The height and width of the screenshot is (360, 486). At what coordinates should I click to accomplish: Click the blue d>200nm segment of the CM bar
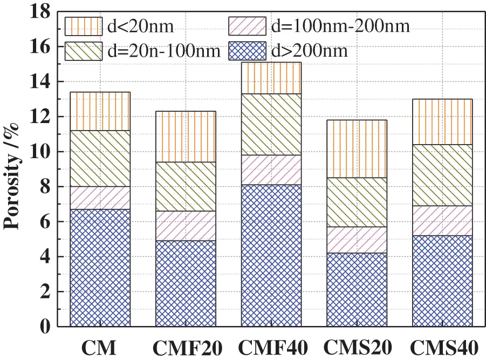100,268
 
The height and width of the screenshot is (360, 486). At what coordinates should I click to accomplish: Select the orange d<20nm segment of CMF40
271,78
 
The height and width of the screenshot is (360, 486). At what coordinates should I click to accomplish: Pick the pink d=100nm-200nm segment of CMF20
186,226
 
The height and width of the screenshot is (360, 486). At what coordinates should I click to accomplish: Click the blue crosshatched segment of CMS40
442,281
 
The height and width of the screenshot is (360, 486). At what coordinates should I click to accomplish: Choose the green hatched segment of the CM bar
100,158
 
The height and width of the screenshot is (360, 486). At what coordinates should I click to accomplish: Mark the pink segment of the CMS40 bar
442,220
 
